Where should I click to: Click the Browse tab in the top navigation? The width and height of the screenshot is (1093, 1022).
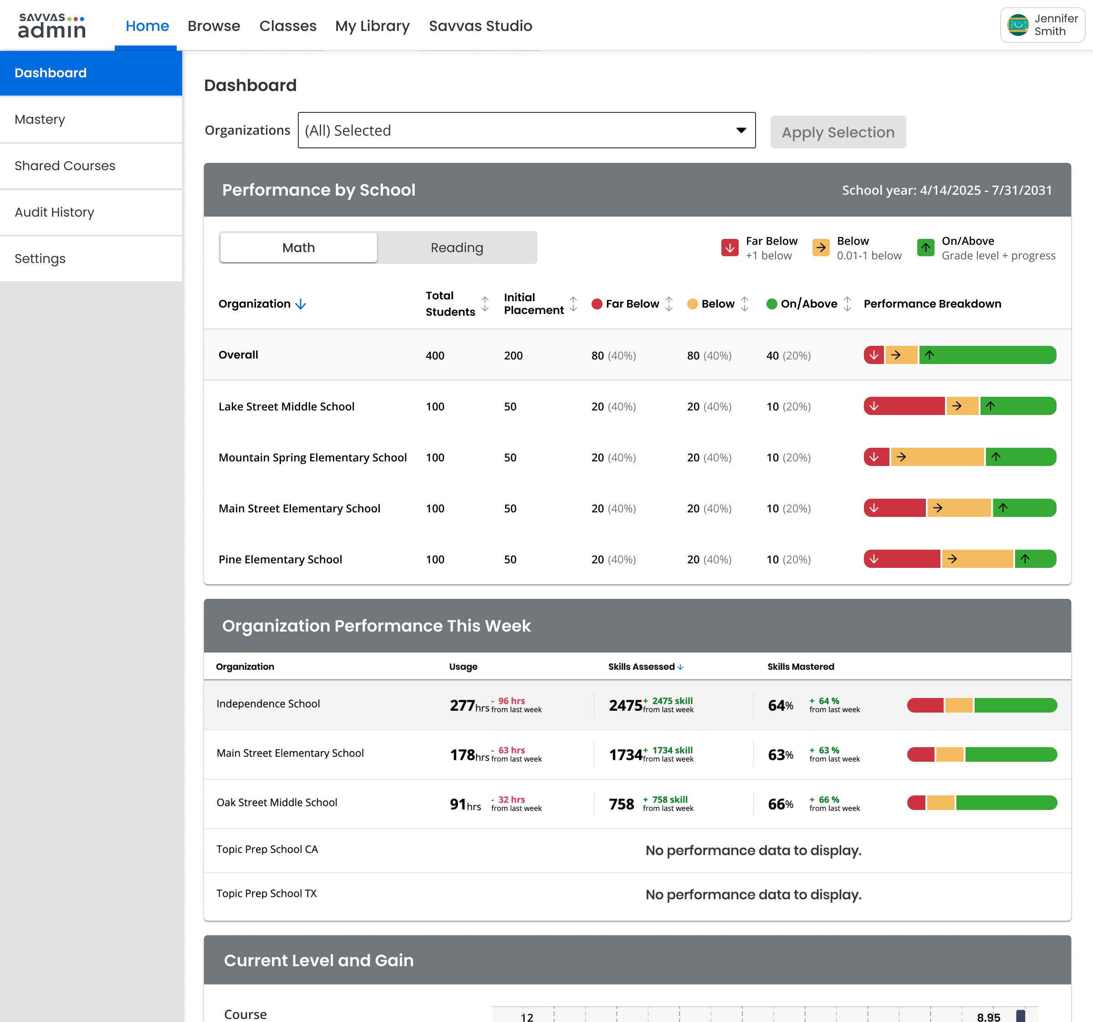pyautogui.click(x=214, y=26)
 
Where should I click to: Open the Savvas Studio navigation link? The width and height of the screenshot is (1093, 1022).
pyautogui.click(x=480, y=26)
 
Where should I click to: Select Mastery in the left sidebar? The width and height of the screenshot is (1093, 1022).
pyautogui.click(x=40, y=119)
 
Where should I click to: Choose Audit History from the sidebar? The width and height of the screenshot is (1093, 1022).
pyautogui.click(x=55, y=212)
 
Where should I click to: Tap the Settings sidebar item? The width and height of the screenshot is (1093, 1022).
pyautogui.click(x=40, y=258)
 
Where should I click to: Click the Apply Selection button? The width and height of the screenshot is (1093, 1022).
pyautogui.click(x=838, y=132)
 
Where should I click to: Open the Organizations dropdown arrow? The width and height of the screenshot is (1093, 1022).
pyautogui.click(x=741, y=130)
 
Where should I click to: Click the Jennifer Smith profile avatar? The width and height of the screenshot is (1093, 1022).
pyautogui.click(x=1018, y=25)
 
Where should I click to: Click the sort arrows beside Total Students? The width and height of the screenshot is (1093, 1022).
pyautogui.click(x=485, y=304)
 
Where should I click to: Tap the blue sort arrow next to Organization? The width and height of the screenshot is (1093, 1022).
pyautogui.click(x=301, y=304)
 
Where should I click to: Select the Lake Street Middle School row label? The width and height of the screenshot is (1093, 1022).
pyautogui.click(x=286, y=407)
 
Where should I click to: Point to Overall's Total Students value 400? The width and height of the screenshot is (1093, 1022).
pyautogui.click(x=435, y=355)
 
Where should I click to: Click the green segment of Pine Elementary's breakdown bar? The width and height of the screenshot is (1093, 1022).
pyautogui.click(x=1035, y=559)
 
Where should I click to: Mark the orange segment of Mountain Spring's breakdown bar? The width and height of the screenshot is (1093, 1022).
pyautogui.click(x=937, y=456)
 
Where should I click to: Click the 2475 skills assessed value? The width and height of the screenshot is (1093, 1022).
pyautogui.click(x=625, y=705)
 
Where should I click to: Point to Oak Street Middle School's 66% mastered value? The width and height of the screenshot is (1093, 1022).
pyautogui.click(x=781, y=804)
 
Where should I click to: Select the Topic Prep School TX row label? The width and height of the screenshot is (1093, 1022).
pyautogui.click(x=267, y=893)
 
